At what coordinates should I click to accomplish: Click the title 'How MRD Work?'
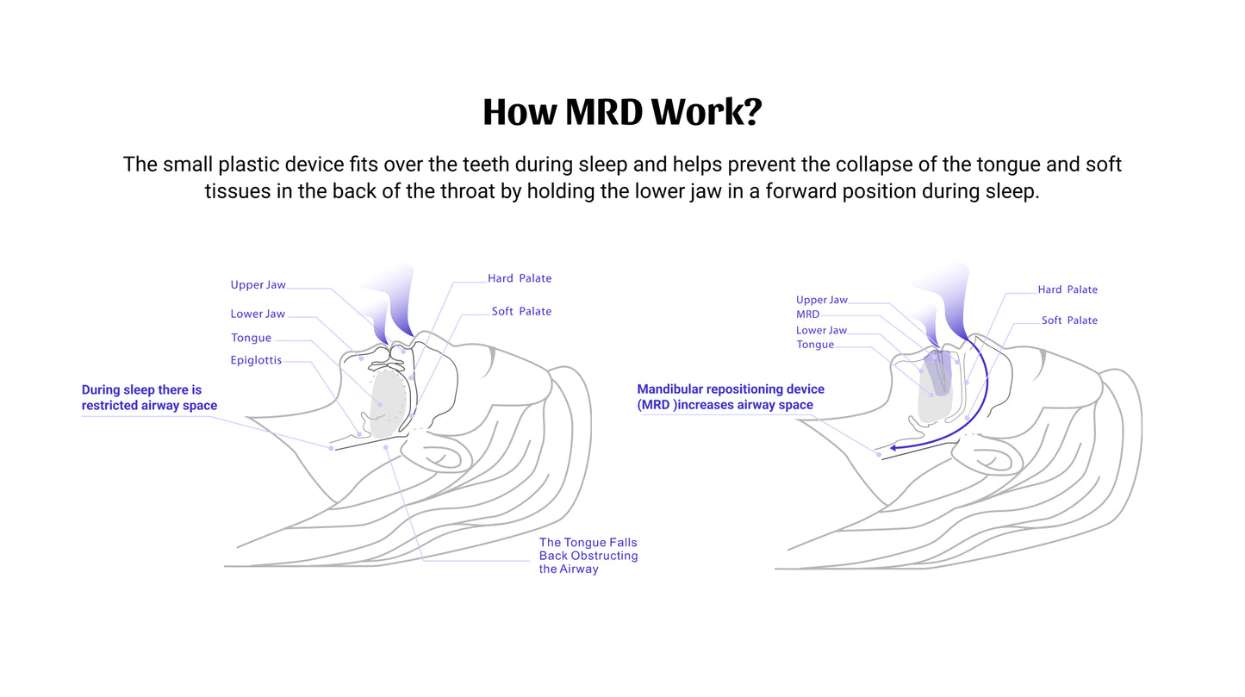pyautogui.click(x=622, y=113)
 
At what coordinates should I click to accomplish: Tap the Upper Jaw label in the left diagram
pyautogui.click(x=258, y=285)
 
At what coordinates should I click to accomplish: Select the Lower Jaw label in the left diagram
pyautogui.click(x=258, y=314)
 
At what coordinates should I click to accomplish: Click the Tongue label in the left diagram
pyautogui.click(x=251, y=338)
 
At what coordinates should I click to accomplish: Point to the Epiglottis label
pyautogui.click(x=256, y=360)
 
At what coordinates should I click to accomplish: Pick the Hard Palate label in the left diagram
pyautogui.click(x=520, y=278)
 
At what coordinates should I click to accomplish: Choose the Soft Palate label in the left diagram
pyautogui.click(x=521, y=311)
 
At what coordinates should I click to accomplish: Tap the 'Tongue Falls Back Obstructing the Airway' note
pyautogui.click(x=588, y=556)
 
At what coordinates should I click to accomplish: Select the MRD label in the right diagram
pyautogui.click(x=807, y=314)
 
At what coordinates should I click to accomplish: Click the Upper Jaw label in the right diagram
pyautogui.click(x=821, y=300)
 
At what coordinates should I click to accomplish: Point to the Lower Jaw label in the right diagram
pyautogui.click(x=821, y=330)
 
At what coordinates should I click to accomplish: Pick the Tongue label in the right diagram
pyautogui.click(x=815, y=345)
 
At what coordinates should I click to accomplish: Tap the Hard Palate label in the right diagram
pyautogui.click(x=1068, y=289)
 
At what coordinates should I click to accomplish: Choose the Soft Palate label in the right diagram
pyautogui.click(x=1069, y=320)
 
